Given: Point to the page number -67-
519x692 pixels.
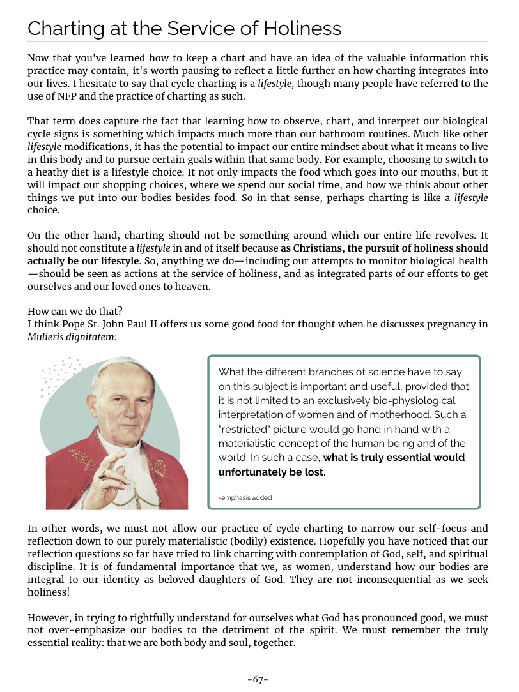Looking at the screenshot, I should coord(258,679).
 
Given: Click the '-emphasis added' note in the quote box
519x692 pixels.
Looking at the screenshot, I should coord(245,497).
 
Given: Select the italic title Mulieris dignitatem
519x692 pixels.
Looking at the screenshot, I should coord(72,336).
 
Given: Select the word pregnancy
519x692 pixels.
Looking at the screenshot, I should coord(442,324).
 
